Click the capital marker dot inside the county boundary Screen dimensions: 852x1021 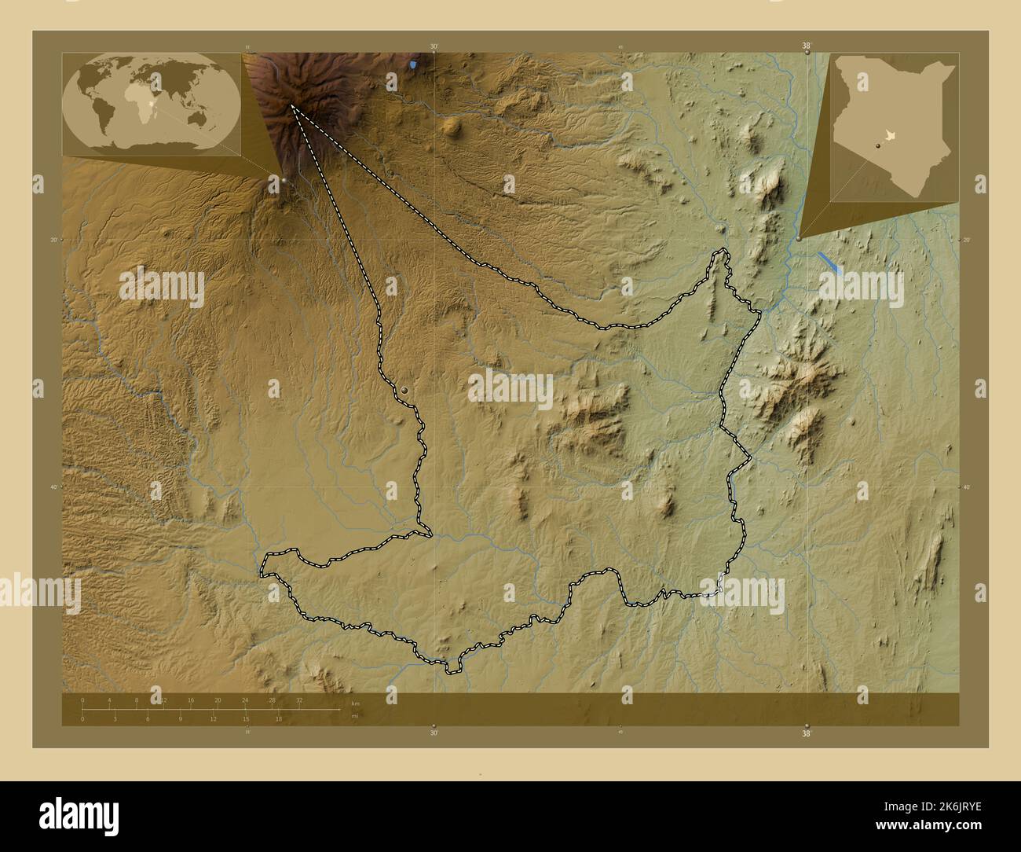(404, 390)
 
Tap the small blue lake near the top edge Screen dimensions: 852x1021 (414, 62)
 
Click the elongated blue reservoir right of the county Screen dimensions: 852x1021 (829, 263)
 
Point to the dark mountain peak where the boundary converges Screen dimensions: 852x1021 (291, 105)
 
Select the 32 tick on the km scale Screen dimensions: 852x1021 (299, 700)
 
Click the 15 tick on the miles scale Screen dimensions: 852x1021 (246, 718)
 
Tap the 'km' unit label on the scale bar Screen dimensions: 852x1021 (356, 703)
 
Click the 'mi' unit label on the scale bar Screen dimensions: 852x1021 (355, 715)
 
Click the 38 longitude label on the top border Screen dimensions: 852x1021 (807, 46)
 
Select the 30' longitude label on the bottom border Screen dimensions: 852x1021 (434, 733)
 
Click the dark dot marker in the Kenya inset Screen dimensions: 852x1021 (877, 145)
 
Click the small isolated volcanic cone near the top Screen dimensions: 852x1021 (451, 126)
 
